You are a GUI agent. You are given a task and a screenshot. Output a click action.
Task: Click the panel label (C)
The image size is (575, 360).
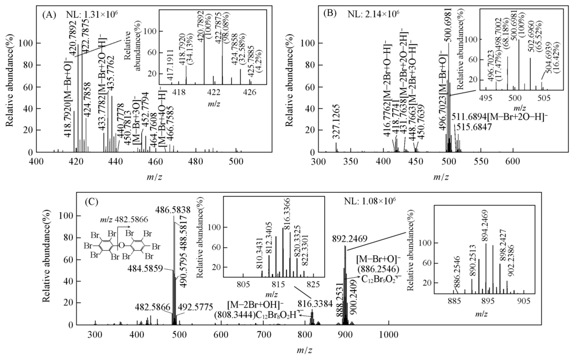click(92, 202)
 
